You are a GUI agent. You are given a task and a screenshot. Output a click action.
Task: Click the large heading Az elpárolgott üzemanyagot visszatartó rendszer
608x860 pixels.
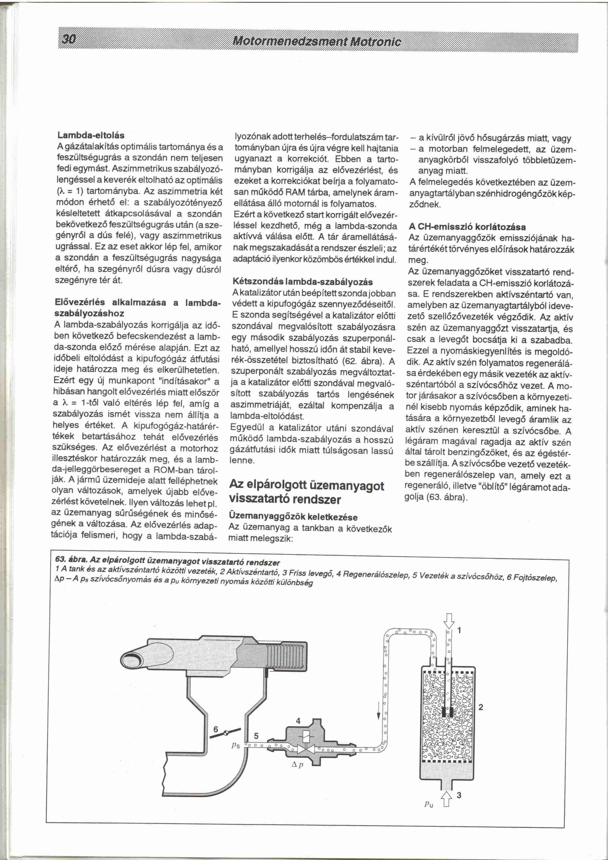point(306,492)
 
